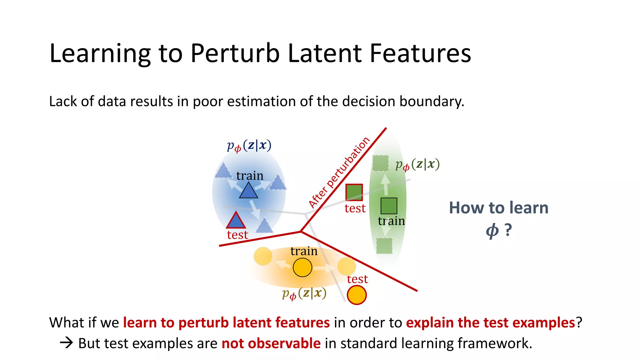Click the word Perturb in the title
click(235, 53)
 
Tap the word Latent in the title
click(325, 53)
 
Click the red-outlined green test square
click(354, 192)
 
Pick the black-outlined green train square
click(389, 206)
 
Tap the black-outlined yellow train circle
click(302, 267)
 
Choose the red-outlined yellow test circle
click(357, 295)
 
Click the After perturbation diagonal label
click(339, 172)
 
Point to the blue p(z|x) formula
click(249, 146)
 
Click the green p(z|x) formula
click(417, 164)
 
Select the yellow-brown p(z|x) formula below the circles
click(304, 293)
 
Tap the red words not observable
click(271, 343)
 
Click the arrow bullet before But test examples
click(66, 343)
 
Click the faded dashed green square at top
click(381, 163)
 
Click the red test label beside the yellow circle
click(357, 279)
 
